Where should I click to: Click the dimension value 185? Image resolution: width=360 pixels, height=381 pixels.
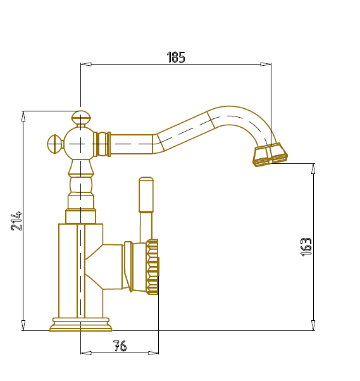coord(176,58)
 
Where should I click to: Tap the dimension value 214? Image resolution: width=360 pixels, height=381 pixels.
coord(16,221)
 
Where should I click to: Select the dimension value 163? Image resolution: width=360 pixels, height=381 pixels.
coord(306,247)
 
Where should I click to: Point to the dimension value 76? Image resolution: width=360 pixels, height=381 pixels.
coord(120,346)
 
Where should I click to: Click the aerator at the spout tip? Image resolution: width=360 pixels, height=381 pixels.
coord(270,155)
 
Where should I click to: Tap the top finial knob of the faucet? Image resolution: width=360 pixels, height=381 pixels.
coord(81,117)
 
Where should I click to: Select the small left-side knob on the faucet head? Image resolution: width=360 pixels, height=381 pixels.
coord(55,144)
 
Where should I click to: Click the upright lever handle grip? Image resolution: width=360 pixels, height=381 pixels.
coord(146,195)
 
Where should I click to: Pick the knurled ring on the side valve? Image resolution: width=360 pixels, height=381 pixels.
coord(152,267)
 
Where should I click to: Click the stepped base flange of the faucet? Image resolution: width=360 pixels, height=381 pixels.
coord(81,325)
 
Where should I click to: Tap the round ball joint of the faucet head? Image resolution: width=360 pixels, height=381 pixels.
coord(79,144)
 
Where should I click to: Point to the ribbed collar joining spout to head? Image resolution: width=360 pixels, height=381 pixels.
coord(102,144)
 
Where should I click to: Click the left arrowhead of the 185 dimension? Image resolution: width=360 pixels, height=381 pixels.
coord(86,64)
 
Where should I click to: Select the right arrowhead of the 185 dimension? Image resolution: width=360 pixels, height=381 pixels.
coord(266,64)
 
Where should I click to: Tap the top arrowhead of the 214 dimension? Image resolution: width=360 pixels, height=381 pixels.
coord(23,116)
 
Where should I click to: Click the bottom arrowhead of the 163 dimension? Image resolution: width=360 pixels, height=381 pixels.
coord(313,325)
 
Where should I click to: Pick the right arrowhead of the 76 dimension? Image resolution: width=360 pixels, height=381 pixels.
coord(153,353)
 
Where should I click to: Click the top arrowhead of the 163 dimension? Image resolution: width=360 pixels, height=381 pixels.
coord(313,169)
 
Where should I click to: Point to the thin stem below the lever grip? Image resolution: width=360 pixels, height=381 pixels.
coord(146,227)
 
